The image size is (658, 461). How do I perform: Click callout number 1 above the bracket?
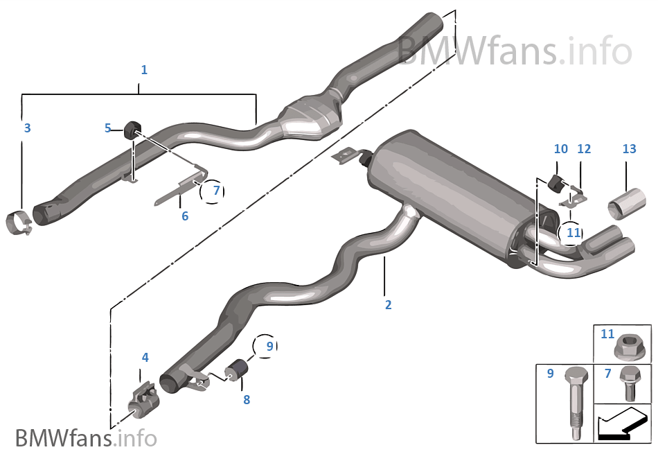coord(144,70)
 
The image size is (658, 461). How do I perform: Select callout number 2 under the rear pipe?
coord(388,305)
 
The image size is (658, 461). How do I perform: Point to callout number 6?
coord(185,216)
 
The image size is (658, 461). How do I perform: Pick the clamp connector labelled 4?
coord(143,401)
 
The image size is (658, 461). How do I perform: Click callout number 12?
coord(584,148)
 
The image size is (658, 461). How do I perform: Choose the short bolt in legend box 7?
coord(630,383)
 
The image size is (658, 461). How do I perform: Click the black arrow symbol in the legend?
coord(621,424)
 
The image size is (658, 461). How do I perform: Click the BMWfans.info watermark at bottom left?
coord(86,438)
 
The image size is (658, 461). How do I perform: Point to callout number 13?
coord(629,148)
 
